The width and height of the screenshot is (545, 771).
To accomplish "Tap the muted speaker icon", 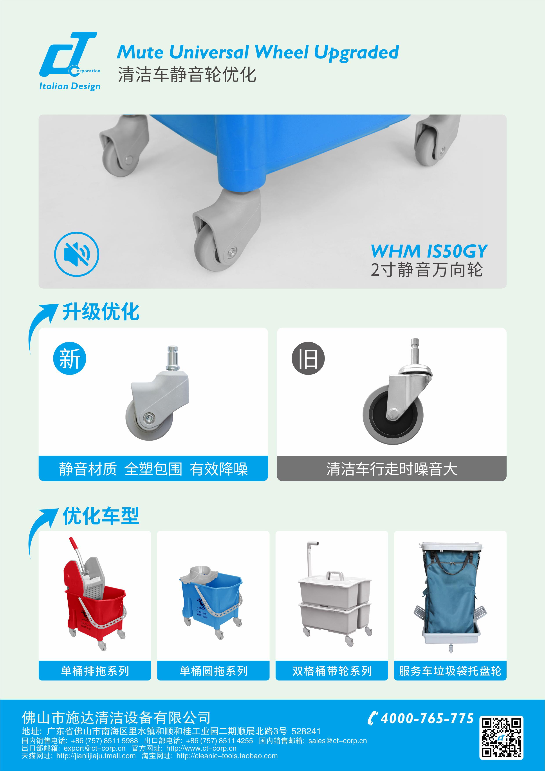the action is click(x=77, y=254).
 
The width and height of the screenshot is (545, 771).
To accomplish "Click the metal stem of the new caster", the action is click(x=173, y=358).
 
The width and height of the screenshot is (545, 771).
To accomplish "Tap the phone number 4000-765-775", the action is click(x=427, y=718).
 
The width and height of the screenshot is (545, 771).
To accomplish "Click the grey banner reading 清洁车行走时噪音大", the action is click(x=392, y=468).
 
